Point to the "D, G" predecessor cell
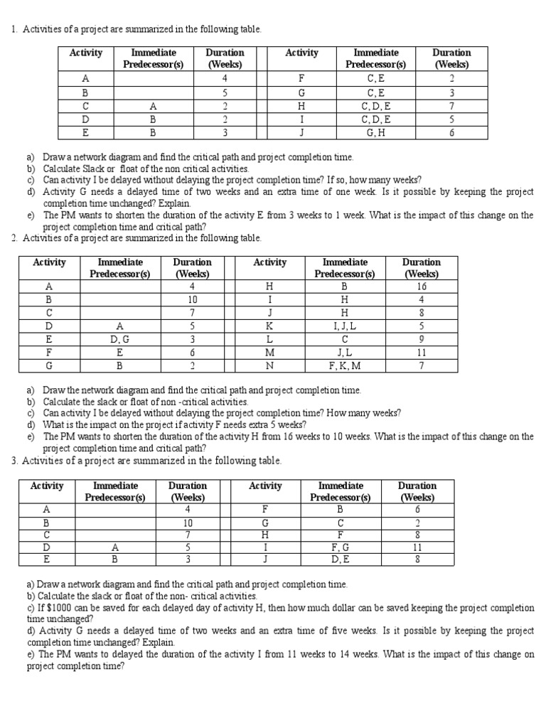coord(119,340)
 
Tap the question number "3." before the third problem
coord(15,461)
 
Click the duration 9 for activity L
coord(422,340)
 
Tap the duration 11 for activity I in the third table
coord(417,547)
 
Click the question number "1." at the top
coord(15,29)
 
